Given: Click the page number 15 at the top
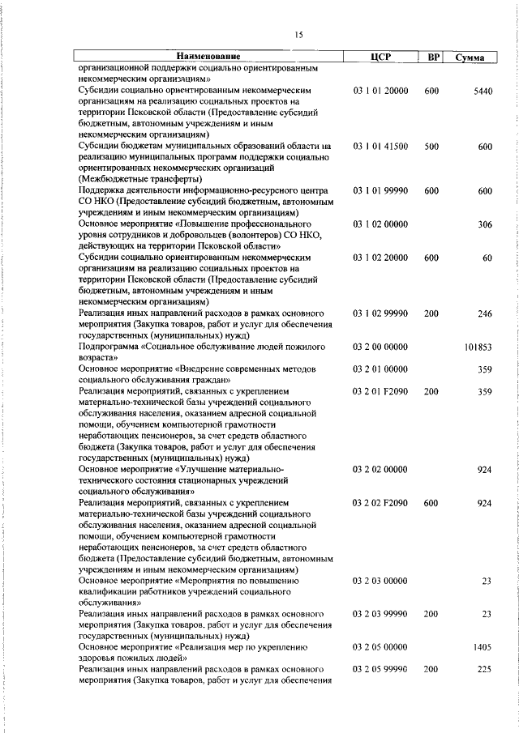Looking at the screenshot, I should [x=298, y=34].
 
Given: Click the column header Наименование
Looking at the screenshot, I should [x=206, y=57].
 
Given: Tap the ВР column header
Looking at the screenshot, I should [x=434, y=57].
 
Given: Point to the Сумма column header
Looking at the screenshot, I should [x=470, y=58].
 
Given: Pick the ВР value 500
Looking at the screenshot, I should [x=431, y=146].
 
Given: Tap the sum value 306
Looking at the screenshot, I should [x=485, y=224].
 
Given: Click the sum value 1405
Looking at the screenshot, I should [x=483, y=647].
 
